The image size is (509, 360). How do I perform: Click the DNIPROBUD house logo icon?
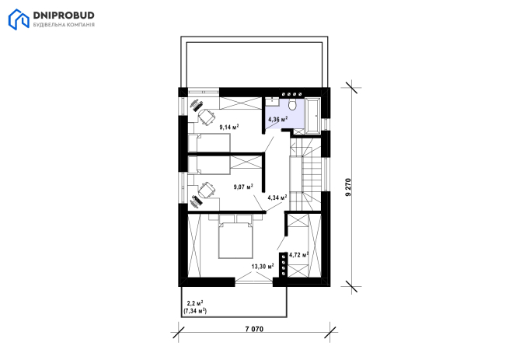pyautogui.click(x=19, y=19)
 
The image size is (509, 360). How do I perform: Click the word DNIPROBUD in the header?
pyautogui.click(x=64, y=16)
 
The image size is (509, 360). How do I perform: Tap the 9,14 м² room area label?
pyautogui.click(x=229, y=127)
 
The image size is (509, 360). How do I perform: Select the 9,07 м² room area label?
pyautogui.click(x=243, y=187)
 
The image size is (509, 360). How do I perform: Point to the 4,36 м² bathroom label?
pyautogui.click(x=278, y=119)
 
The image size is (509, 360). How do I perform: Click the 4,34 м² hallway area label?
pyautogui.click(x=277, y=197)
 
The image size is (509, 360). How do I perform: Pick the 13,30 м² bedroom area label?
pyautogui.click(x=263, y=267)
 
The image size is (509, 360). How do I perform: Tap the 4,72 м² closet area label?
pyautogui.click(x=298, y=255)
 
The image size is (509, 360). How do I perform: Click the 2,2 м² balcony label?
pyautogui.click(x=195, y=303)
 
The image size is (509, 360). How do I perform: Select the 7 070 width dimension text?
pyautogui.click(x=254, y=329)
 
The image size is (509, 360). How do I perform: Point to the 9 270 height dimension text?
pyautogui.click(x=348, y=187)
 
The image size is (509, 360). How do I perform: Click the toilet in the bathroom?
pyautogui.click(x=292, y=104)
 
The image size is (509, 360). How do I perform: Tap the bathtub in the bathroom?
pyautogui.click(x=313, y=115)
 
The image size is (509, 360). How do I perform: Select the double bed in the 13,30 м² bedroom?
pyautogui.click(x=235, y=236)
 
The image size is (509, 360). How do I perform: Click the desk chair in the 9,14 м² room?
pyautogui.click(x=207, y=117)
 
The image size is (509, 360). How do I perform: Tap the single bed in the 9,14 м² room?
pyautogui.click(x=209, y=142)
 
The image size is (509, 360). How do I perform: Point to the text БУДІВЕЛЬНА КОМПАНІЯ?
pyautogui.click(x=64, y=25)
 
